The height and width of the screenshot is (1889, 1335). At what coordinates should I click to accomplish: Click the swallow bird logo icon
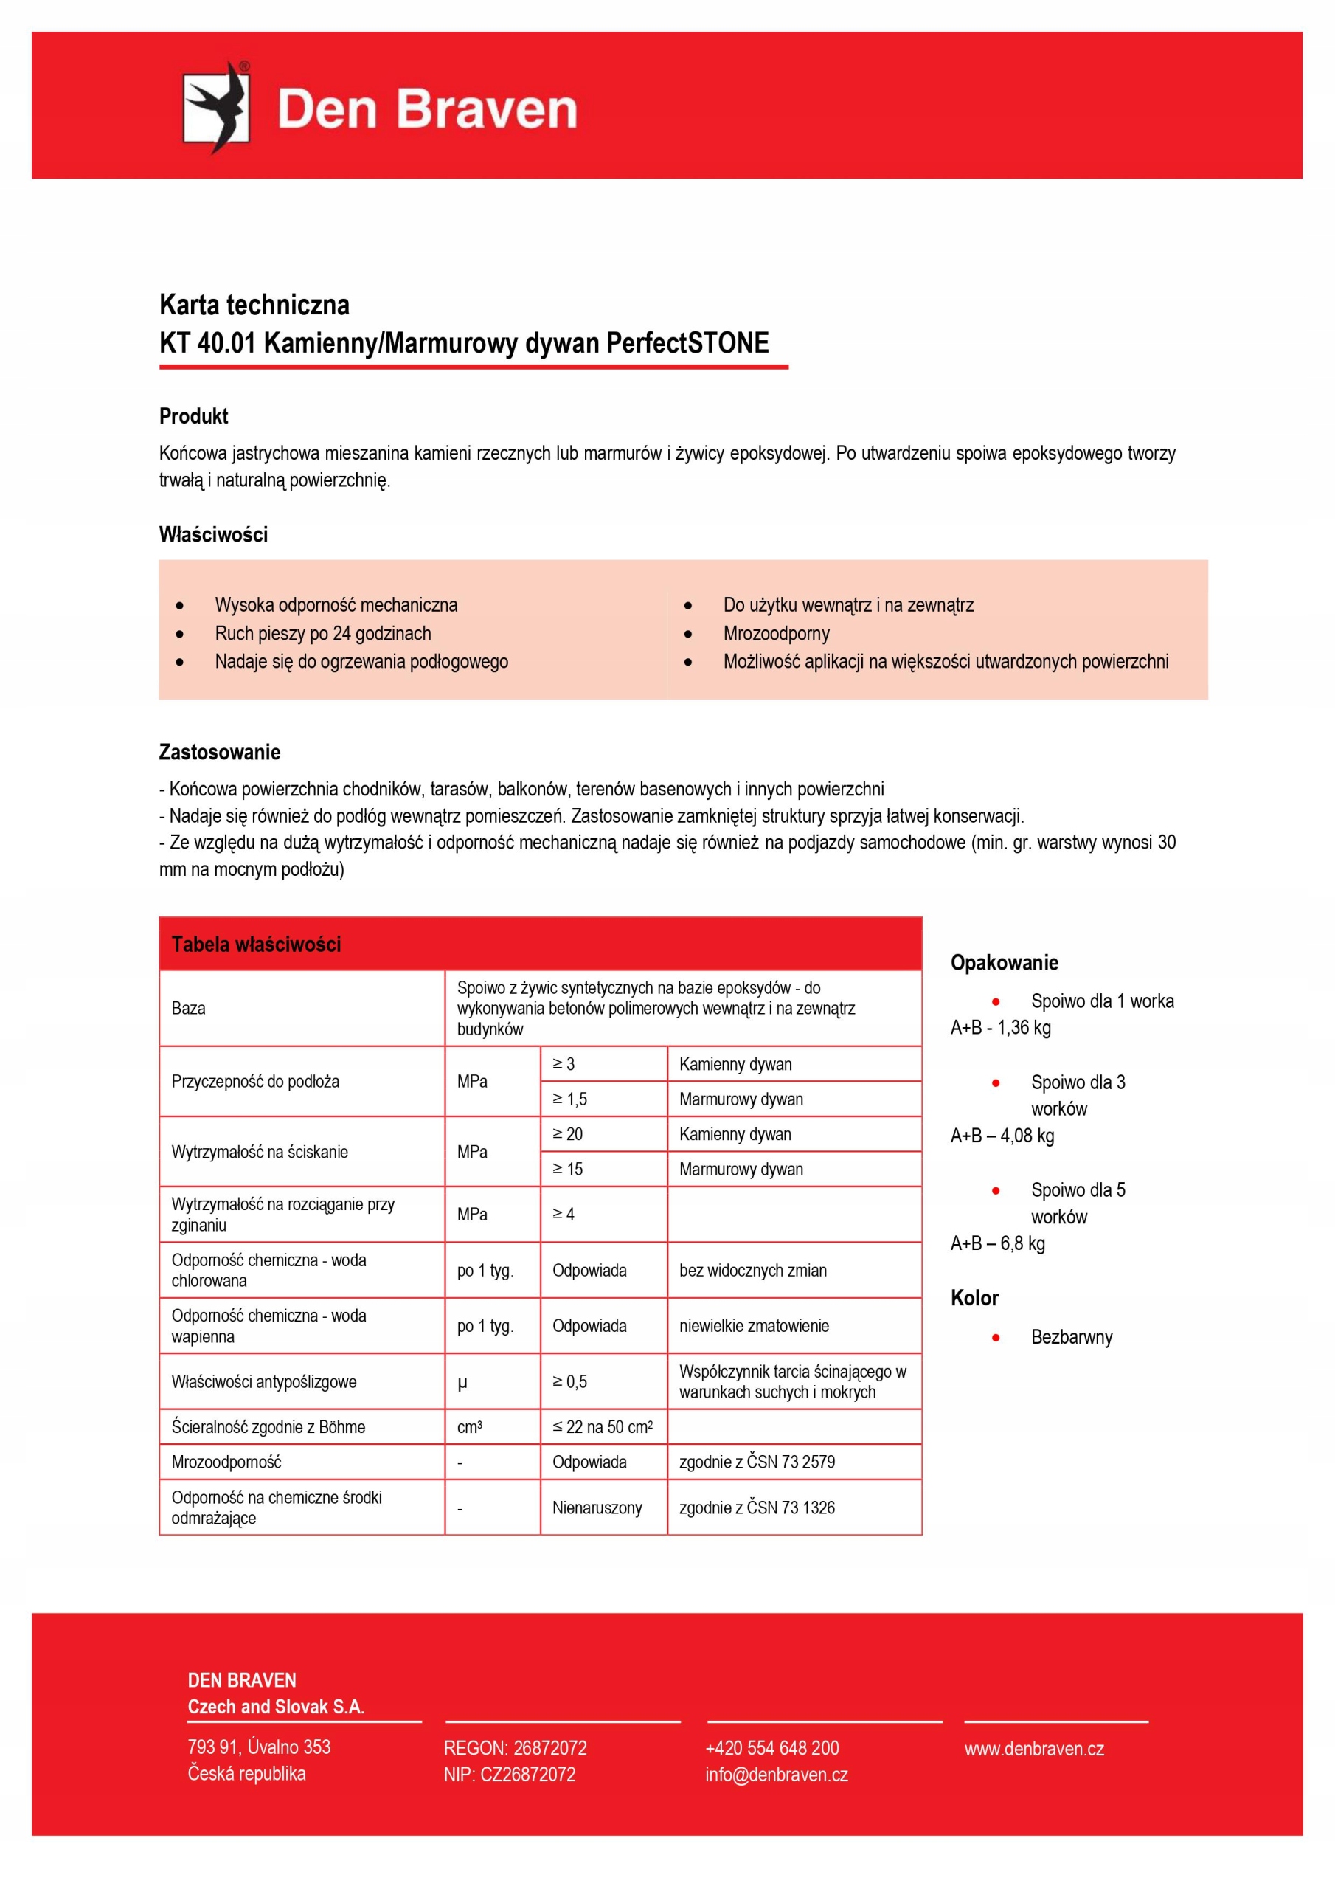[x=215, y=108]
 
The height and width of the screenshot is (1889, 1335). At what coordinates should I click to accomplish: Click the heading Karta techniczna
[x=254, y=305]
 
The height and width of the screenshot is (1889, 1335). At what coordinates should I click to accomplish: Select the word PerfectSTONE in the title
[x=687, y=343]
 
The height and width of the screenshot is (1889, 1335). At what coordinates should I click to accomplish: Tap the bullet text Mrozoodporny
[x=776, y=634]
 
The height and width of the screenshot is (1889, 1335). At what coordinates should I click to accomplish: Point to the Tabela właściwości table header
[x=256, y=944]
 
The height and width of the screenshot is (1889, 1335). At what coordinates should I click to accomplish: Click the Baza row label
[x=188, y=1008]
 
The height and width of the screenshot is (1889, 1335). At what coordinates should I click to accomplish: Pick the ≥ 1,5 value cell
[x=569, y=1099]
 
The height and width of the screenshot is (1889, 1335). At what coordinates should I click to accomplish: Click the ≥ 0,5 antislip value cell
[x=569, y=1381]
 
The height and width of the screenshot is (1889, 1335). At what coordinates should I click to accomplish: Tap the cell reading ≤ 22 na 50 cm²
[x=602, y=1426]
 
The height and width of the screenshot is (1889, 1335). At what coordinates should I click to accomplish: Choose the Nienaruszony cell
[x=597, y=1508]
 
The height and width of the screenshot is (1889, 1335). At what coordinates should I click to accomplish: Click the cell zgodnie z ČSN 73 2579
[x=757, y=1462]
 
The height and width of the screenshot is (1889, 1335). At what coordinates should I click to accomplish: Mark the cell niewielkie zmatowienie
[x=754, y=1325]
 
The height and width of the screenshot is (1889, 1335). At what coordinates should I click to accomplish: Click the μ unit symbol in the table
[x=462, y=1382]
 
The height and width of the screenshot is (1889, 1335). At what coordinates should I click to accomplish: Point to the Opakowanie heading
[x=1004, y=963]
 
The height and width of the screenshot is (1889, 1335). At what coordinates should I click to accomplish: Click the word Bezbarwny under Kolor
[x=1071, y=1337]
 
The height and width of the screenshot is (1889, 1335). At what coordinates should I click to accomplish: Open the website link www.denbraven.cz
[x=1034, y=1748]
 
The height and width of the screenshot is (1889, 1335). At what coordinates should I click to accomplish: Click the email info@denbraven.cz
[x=776, y=1775]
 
